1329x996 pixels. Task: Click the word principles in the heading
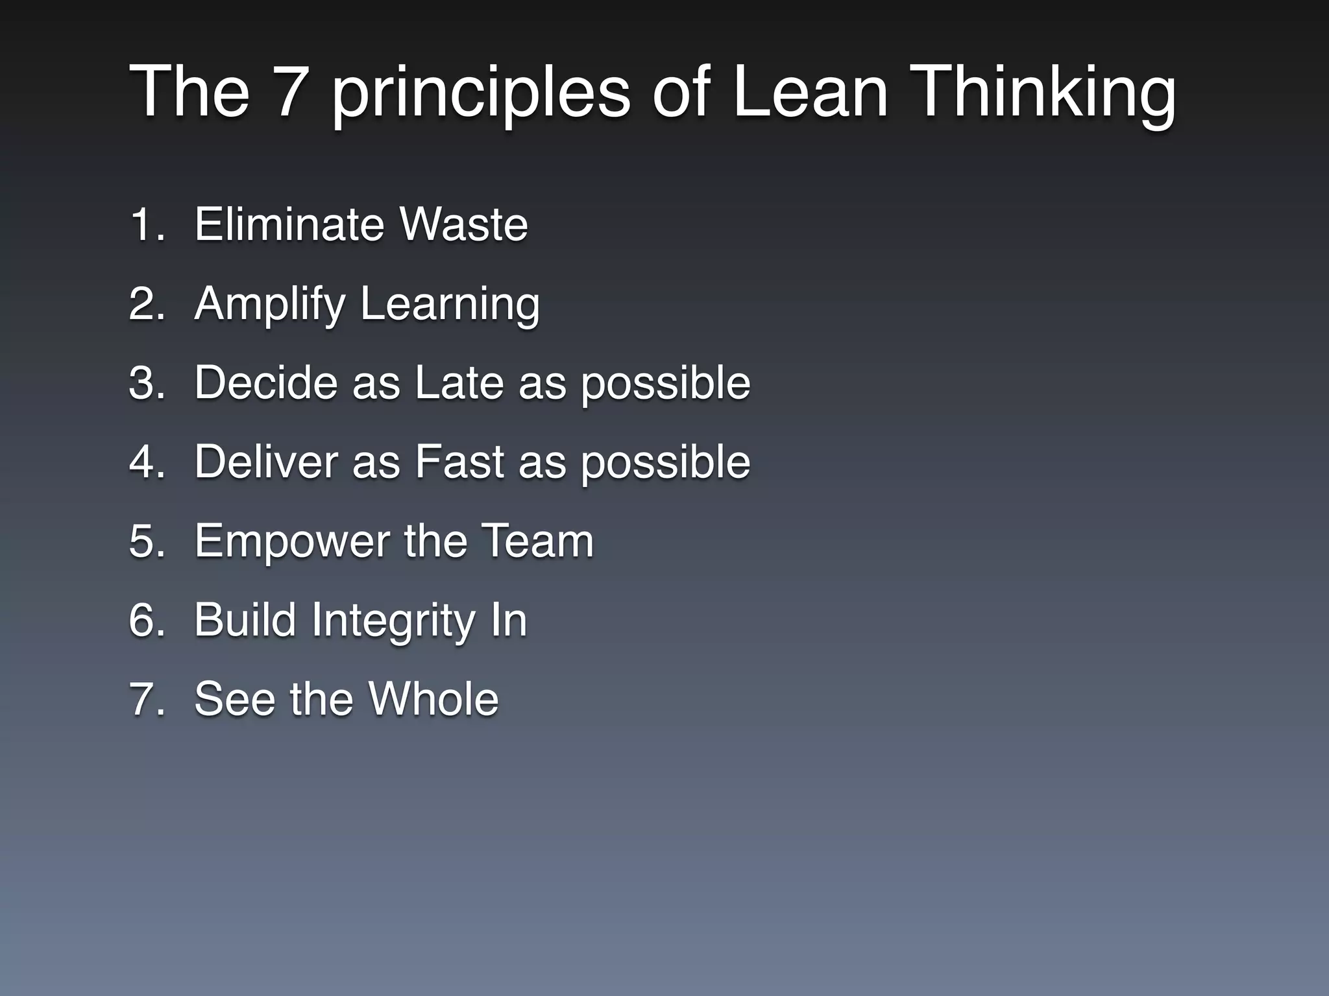481,94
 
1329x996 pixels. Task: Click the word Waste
463,224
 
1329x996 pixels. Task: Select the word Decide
265,383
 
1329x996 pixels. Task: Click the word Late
459,383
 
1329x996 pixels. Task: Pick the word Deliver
265,462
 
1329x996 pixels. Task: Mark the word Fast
459,462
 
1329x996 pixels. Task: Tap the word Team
538,541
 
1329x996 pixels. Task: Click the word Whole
433,699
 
